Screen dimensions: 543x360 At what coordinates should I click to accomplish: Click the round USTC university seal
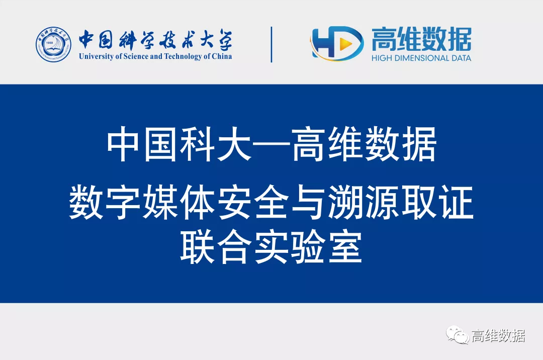click(x=53, y=45)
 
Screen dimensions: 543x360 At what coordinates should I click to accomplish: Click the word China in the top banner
click(x=222, y=56)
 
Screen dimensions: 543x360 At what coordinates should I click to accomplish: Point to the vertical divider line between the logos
click(x=271, y=45)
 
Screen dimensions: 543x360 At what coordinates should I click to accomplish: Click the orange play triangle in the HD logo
click(x=345, y=44)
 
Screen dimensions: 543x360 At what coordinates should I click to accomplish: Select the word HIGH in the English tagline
click(x=382, y=58)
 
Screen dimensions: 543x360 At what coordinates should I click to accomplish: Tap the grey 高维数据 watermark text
click(x=498, y=335)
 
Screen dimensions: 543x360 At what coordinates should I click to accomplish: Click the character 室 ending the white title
click(x=345, y=247)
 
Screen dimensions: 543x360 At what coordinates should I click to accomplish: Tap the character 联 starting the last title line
click(x=198, y=247)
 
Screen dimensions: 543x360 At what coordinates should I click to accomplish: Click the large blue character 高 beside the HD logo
click(x=384, y=39)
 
